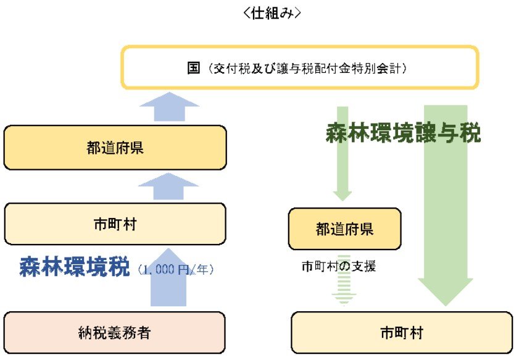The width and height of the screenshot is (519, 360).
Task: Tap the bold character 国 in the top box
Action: coord(194,67)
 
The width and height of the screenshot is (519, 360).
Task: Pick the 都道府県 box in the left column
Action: coord(115,148)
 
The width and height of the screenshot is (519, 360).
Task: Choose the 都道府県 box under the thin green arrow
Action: coord(344,229)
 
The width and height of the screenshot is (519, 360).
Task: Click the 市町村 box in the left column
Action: coord(115,224)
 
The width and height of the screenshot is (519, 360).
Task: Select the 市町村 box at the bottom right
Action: coord(401,333)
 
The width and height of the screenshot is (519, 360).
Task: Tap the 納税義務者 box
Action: coord(115,333)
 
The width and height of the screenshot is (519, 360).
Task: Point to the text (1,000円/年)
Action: coord(176,269)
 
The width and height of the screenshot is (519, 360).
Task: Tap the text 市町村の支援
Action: coord(339,267)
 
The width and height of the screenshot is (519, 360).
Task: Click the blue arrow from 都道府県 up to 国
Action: coord(169,107)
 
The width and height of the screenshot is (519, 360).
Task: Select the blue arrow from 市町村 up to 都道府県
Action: coord(169,186)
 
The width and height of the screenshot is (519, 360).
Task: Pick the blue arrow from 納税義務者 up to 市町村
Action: coord(169,278)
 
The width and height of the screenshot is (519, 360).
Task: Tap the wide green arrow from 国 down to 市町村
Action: coord(446,204)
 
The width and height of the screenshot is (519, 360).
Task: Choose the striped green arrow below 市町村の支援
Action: coord(344,289)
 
